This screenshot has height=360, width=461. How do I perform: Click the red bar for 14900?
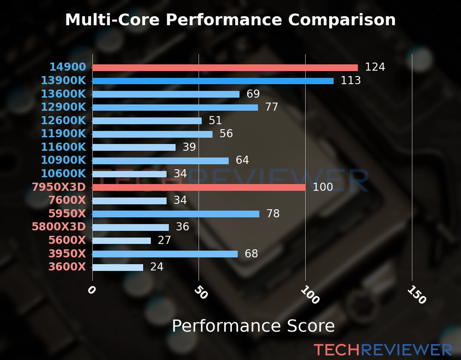pos(225,68)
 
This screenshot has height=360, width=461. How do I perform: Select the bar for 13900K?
pos(213,81)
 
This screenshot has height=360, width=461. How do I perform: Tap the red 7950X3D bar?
pos(199,187)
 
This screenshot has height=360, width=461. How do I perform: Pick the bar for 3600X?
pos(118,267)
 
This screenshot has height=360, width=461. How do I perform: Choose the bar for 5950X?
pos(176,214)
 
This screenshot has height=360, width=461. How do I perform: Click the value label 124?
pos(375,67)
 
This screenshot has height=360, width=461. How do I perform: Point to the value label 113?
pos(351,80)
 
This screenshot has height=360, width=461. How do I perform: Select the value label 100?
pos(323,187)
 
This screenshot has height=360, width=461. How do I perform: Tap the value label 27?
pos(164,240)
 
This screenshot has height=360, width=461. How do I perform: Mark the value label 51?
pos(215,120)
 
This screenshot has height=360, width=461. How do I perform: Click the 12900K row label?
pos(63,107)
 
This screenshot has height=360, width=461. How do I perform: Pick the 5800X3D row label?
pos(59,226)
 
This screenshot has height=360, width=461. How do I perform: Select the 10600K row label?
pos(63,173)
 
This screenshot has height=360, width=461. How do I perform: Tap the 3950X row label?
pos(67,253)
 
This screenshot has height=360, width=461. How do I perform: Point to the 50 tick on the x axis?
pos(201,292)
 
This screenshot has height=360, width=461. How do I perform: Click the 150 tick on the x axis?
pos(417,295)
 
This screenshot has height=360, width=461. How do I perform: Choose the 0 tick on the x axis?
pos(92,290)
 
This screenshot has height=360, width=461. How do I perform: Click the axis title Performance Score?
pos(253,326)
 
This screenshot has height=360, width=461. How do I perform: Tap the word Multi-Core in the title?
pos(112,20)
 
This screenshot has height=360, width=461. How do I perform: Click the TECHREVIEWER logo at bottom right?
pos(383,350)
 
